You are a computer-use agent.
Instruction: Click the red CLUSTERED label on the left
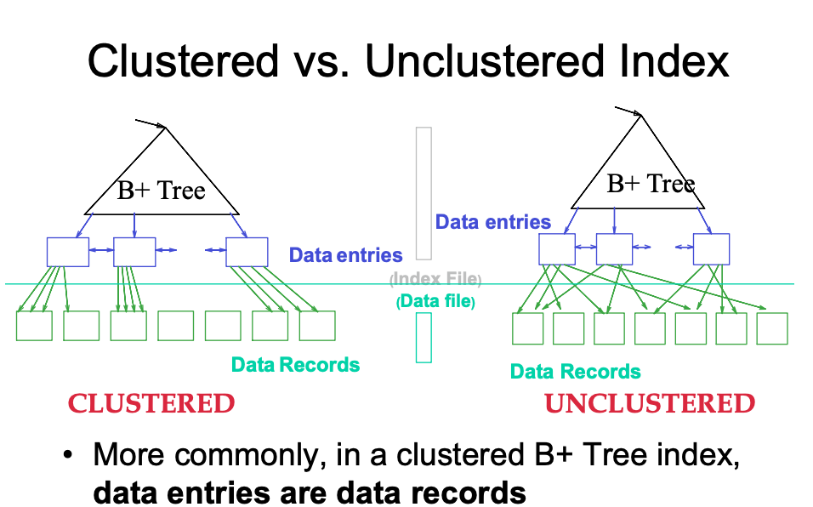pyautogui.click(x=151, y=403)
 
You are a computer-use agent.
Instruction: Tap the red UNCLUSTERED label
pyautogui.click(x=650, y=403)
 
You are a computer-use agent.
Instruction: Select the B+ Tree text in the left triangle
pyautogui.click(x=161, y=190)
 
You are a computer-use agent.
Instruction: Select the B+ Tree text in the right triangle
pyautogui.click(x=650, y=183)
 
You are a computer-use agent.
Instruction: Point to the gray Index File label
pyautogui.click(x=435, y=280)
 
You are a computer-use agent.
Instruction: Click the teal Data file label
pyautogui.click(x=435, y=301)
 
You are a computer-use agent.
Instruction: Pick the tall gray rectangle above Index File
pyautogui.click(x=424, y=193)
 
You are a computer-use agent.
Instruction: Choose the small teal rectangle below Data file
pyautogui.click(x=424, y=337)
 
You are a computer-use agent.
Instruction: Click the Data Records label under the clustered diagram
pyautogui.click(x=295, y=365)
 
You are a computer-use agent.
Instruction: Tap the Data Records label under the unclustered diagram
pyautogui.click(x=575, y=372)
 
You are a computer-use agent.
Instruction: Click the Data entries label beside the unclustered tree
pyautogui.click(x=493, y=222)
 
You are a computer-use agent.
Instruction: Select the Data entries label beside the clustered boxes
pyautogui.click(x=345, y=254)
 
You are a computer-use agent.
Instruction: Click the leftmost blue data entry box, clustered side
pyautogui.click(x=67, y=252)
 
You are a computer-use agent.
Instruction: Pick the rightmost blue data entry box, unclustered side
pyautogui.click(x=711, y=248)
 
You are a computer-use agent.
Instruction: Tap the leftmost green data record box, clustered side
pyautogui.click(x=34, y=326)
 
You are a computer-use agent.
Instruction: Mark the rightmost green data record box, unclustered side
pyautogui.click(x=772, y=328)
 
